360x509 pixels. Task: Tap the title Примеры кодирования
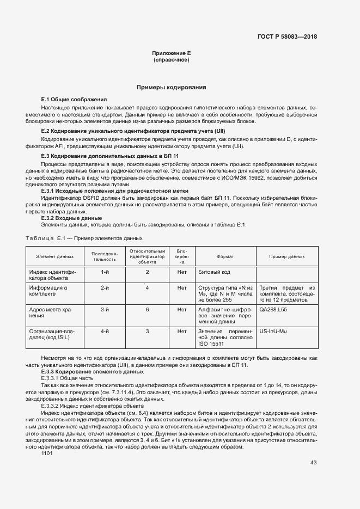171,87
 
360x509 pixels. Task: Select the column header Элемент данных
54,256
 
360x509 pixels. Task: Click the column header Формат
225,256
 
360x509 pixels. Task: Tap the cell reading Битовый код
215,271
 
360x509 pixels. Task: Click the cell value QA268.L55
273,309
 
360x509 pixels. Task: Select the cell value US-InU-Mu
274,331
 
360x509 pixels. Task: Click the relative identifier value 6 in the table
147,309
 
